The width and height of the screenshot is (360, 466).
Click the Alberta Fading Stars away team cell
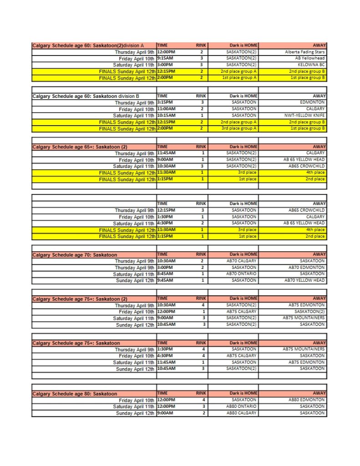point(304,52)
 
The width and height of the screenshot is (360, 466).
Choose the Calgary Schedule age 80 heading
point(75,394)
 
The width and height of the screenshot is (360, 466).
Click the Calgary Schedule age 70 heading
point(75,255)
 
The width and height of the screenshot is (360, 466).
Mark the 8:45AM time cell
point(165,274)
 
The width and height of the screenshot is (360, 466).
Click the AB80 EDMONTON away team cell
point(306,400)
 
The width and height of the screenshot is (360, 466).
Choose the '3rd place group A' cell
point(239,128)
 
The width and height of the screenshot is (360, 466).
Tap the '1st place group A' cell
point(239,78)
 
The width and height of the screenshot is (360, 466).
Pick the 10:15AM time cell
point(166,116)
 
